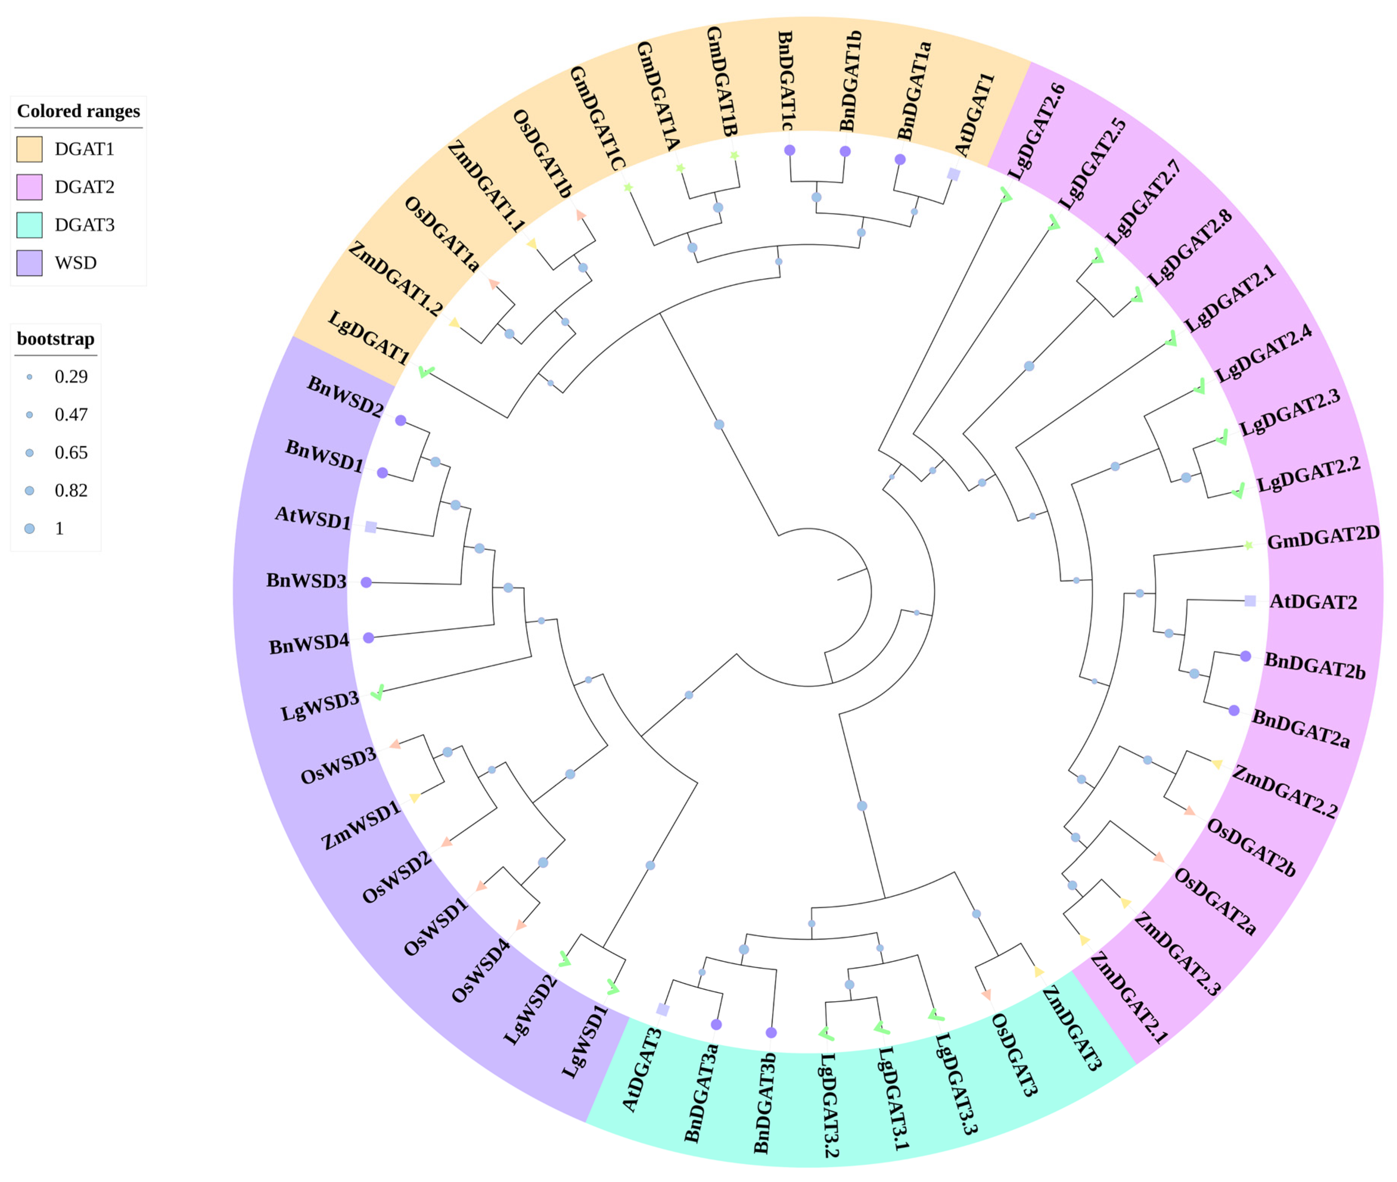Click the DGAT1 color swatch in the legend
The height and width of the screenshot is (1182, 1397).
coord(30,149)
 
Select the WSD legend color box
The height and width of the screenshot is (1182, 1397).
coord(30,262)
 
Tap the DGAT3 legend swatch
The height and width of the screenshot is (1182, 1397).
coord(30,224)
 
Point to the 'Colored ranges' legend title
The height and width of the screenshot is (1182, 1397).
coord(78,111)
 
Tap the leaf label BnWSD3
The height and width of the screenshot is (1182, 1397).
coord(306,580)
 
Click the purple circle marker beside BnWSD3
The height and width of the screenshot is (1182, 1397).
coord(366,582)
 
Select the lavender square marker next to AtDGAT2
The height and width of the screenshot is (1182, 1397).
coord(1249,600)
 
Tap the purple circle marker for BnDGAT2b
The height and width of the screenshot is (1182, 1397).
coord(1245,656)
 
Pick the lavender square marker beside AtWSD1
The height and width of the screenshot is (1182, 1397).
coord(370,527)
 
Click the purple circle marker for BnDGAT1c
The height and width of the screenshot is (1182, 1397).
coord(789,150)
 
